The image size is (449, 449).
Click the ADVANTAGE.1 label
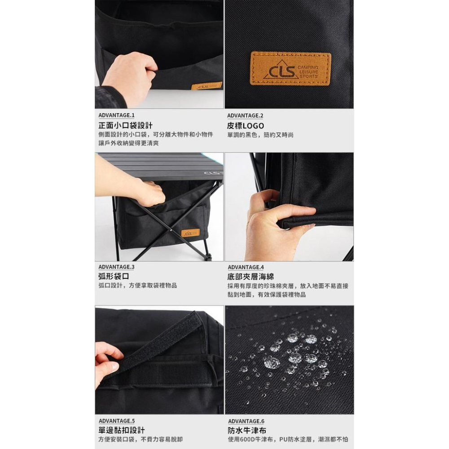(x=116, y=115)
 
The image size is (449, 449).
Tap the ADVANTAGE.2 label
(x=245, y=116)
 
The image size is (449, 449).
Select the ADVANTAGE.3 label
(x=116, y=267)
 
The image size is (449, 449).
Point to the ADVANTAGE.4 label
(x=246, y=267)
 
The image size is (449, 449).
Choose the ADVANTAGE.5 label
(x=117, y=421)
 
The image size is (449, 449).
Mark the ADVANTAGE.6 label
(x=246, y=421)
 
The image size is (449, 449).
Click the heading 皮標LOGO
(x=246, y=126)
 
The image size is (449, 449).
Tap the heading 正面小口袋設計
(x=125, y=125)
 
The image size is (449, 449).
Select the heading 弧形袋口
(x=114, y=276)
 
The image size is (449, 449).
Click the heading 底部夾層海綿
(x=251, y=277)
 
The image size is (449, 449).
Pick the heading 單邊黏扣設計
(x=122, y=430)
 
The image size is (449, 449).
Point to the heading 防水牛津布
(x=247, y=431)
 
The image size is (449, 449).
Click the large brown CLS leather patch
(x=291, y=69)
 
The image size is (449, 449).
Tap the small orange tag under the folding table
(x=190, y=233)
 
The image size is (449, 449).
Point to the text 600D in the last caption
(x=246, y=439)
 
